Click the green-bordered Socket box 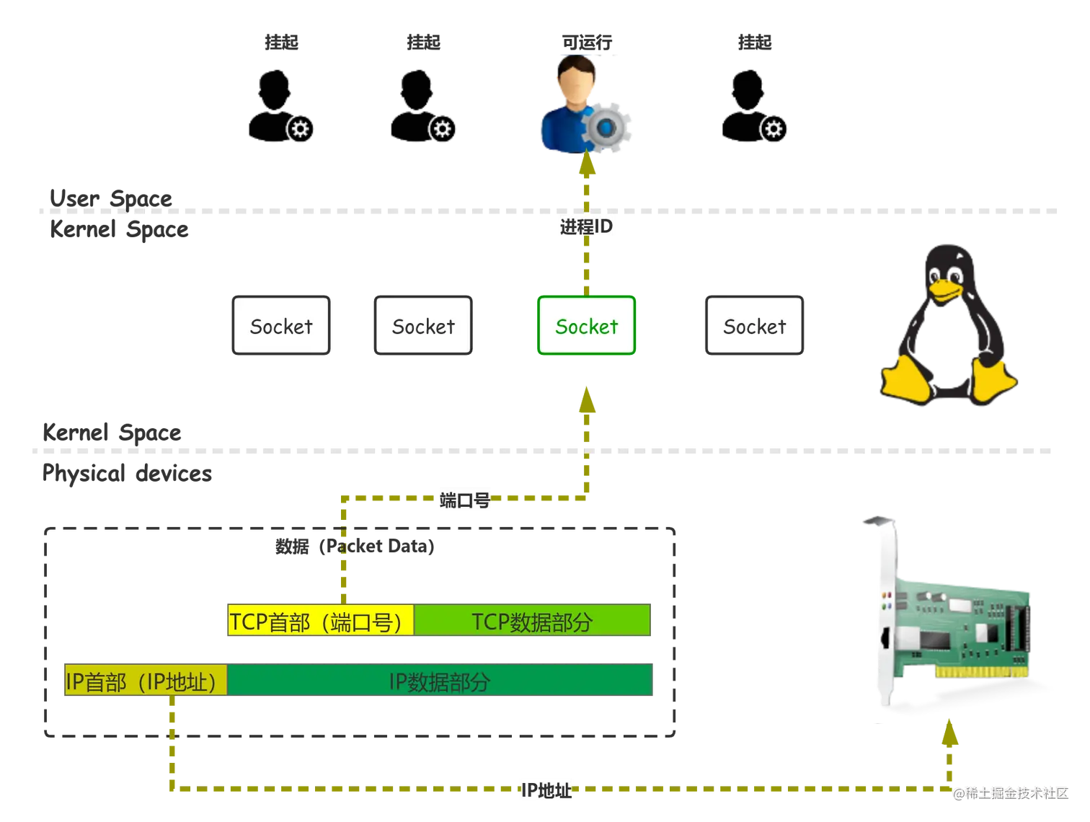pos(586,326)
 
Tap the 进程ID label pos(586,226)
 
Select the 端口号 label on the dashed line pos(465,500)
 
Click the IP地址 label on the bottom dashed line pos(546,790)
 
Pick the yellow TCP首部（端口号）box pos(321,622)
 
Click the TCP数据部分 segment pos(532,622)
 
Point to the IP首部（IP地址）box pos(145,681)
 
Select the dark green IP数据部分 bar pos(440,681)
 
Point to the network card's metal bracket pos(885,613)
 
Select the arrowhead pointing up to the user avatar pos(588,167)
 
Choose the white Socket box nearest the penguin pos(754,326)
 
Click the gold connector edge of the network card pos(980,672)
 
